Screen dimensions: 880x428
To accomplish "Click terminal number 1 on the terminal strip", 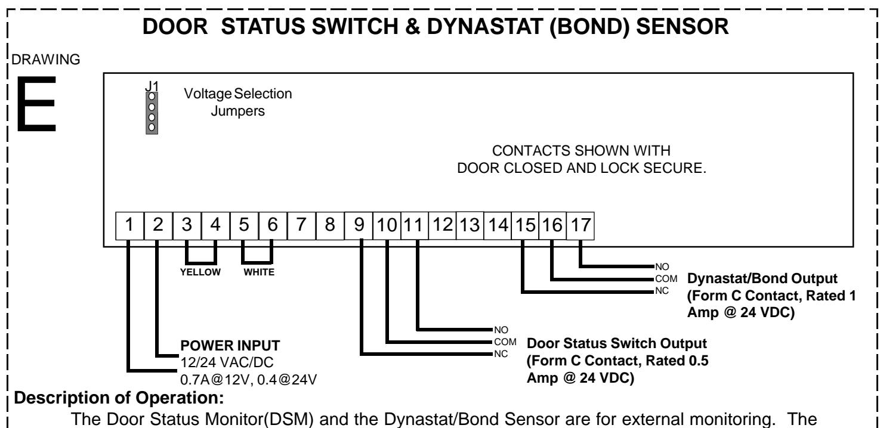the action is pos(129,225).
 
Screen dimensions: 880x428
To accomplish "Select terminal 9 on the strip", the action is pos(359,225).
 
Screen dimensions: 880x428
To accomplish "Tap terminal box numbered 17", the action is pos(581,225).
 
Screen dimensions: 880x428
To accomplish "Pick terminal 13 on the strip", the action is pos(470,225).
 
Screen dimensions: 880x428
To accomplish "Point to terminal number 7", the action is pos(301,225).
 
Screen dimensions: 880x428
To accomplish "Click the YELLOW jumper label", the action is pos(200,272).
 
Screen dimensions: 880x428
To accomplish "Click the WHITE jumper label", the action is pos(259,272).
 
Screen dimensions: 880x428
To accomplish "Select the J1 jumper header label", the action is pos(152,86).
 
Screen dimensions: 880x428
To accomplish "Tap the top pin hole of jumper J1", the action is pos(152,97).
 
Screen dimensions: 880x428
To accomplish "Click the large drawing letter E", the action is pos(36,104).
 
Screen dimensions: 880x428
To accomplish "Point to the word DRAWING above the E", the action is pos(45,60).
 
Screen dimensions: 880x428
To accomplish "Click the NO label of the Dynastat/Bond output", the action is pos(662,266).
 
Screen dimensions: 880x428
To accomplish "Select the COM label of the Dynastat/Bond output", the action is pos(666,279).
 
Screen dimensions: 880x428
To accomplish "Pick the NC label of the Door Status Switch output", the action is pos(501,354).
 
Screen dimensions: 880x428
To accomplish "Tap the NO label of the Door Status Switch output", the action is pos(501,330).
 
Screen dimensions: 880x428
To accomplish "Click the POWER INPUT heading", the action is pos(230,346).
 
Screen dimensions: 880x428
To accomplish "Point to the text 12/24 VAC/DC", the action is pos(227,362).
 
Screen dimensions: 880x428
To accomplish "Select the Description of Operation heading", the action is pos(119,398).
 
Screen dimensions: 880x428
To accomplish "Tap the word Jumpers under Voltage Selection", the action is pos(237,111).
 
